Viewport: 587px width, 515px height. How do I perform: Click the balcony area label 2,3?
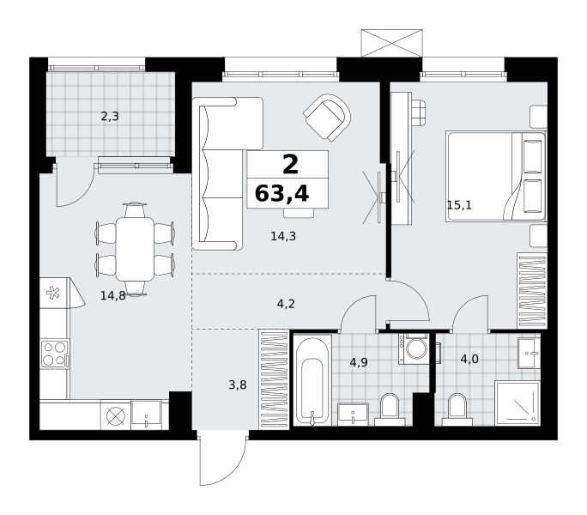click(x=110, y=117)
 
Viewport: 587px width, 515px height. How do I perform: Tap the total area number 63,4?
click(x=281, y=194)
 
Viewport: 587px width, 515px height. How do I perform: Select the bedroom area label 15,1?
click(x=459, y=205)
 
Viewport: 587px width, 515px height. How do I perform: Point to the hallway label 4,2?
click(x=286, y=304)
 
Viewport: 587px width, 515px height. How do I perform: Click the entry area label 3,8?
click(x=238, y=385)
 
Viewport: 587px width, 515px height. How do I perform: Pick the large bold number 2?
click(x=291, y=164)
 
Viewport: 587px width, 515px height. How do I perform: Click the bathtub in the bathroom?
click(x=312, y=380)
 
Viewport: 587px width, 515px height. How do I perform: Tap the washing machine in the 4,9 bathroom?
click(x=414, y=349)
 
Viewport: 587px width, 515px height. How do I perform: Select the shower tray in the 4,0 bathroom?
click(x=517, y=403)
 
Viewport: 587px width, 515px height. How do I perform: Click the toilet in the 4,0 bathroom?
click(x=457, y=409)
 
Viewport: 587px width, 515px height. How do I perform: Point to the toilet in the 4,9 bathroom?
click(x=390, y=409)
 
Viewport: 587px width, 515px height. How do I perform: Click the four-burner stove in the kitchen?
click(x=55, y=354)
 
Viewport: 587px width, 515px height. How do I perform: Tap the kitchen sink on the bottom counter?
click(x=146, y=415)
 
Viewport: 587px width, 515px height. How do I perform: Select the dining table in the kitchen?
click(x=135, y=249)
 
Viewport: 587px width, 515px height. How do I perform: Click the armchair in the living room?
click(x=328, y=118)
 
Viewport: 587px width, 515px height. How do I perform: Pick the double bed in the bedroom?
click(x=496, y=177)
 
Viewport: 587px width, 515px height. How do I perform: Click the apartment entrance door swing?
click(x=222, y=460)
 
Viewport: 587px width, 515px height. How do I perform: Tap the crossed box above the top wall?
click(x=391, y=43)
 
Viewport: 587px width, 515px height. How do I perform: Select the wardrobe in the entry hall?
click(x=274, y=379)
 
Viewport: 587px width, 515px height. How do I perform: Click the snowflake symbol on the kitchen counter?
click(x=53, y=293)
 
